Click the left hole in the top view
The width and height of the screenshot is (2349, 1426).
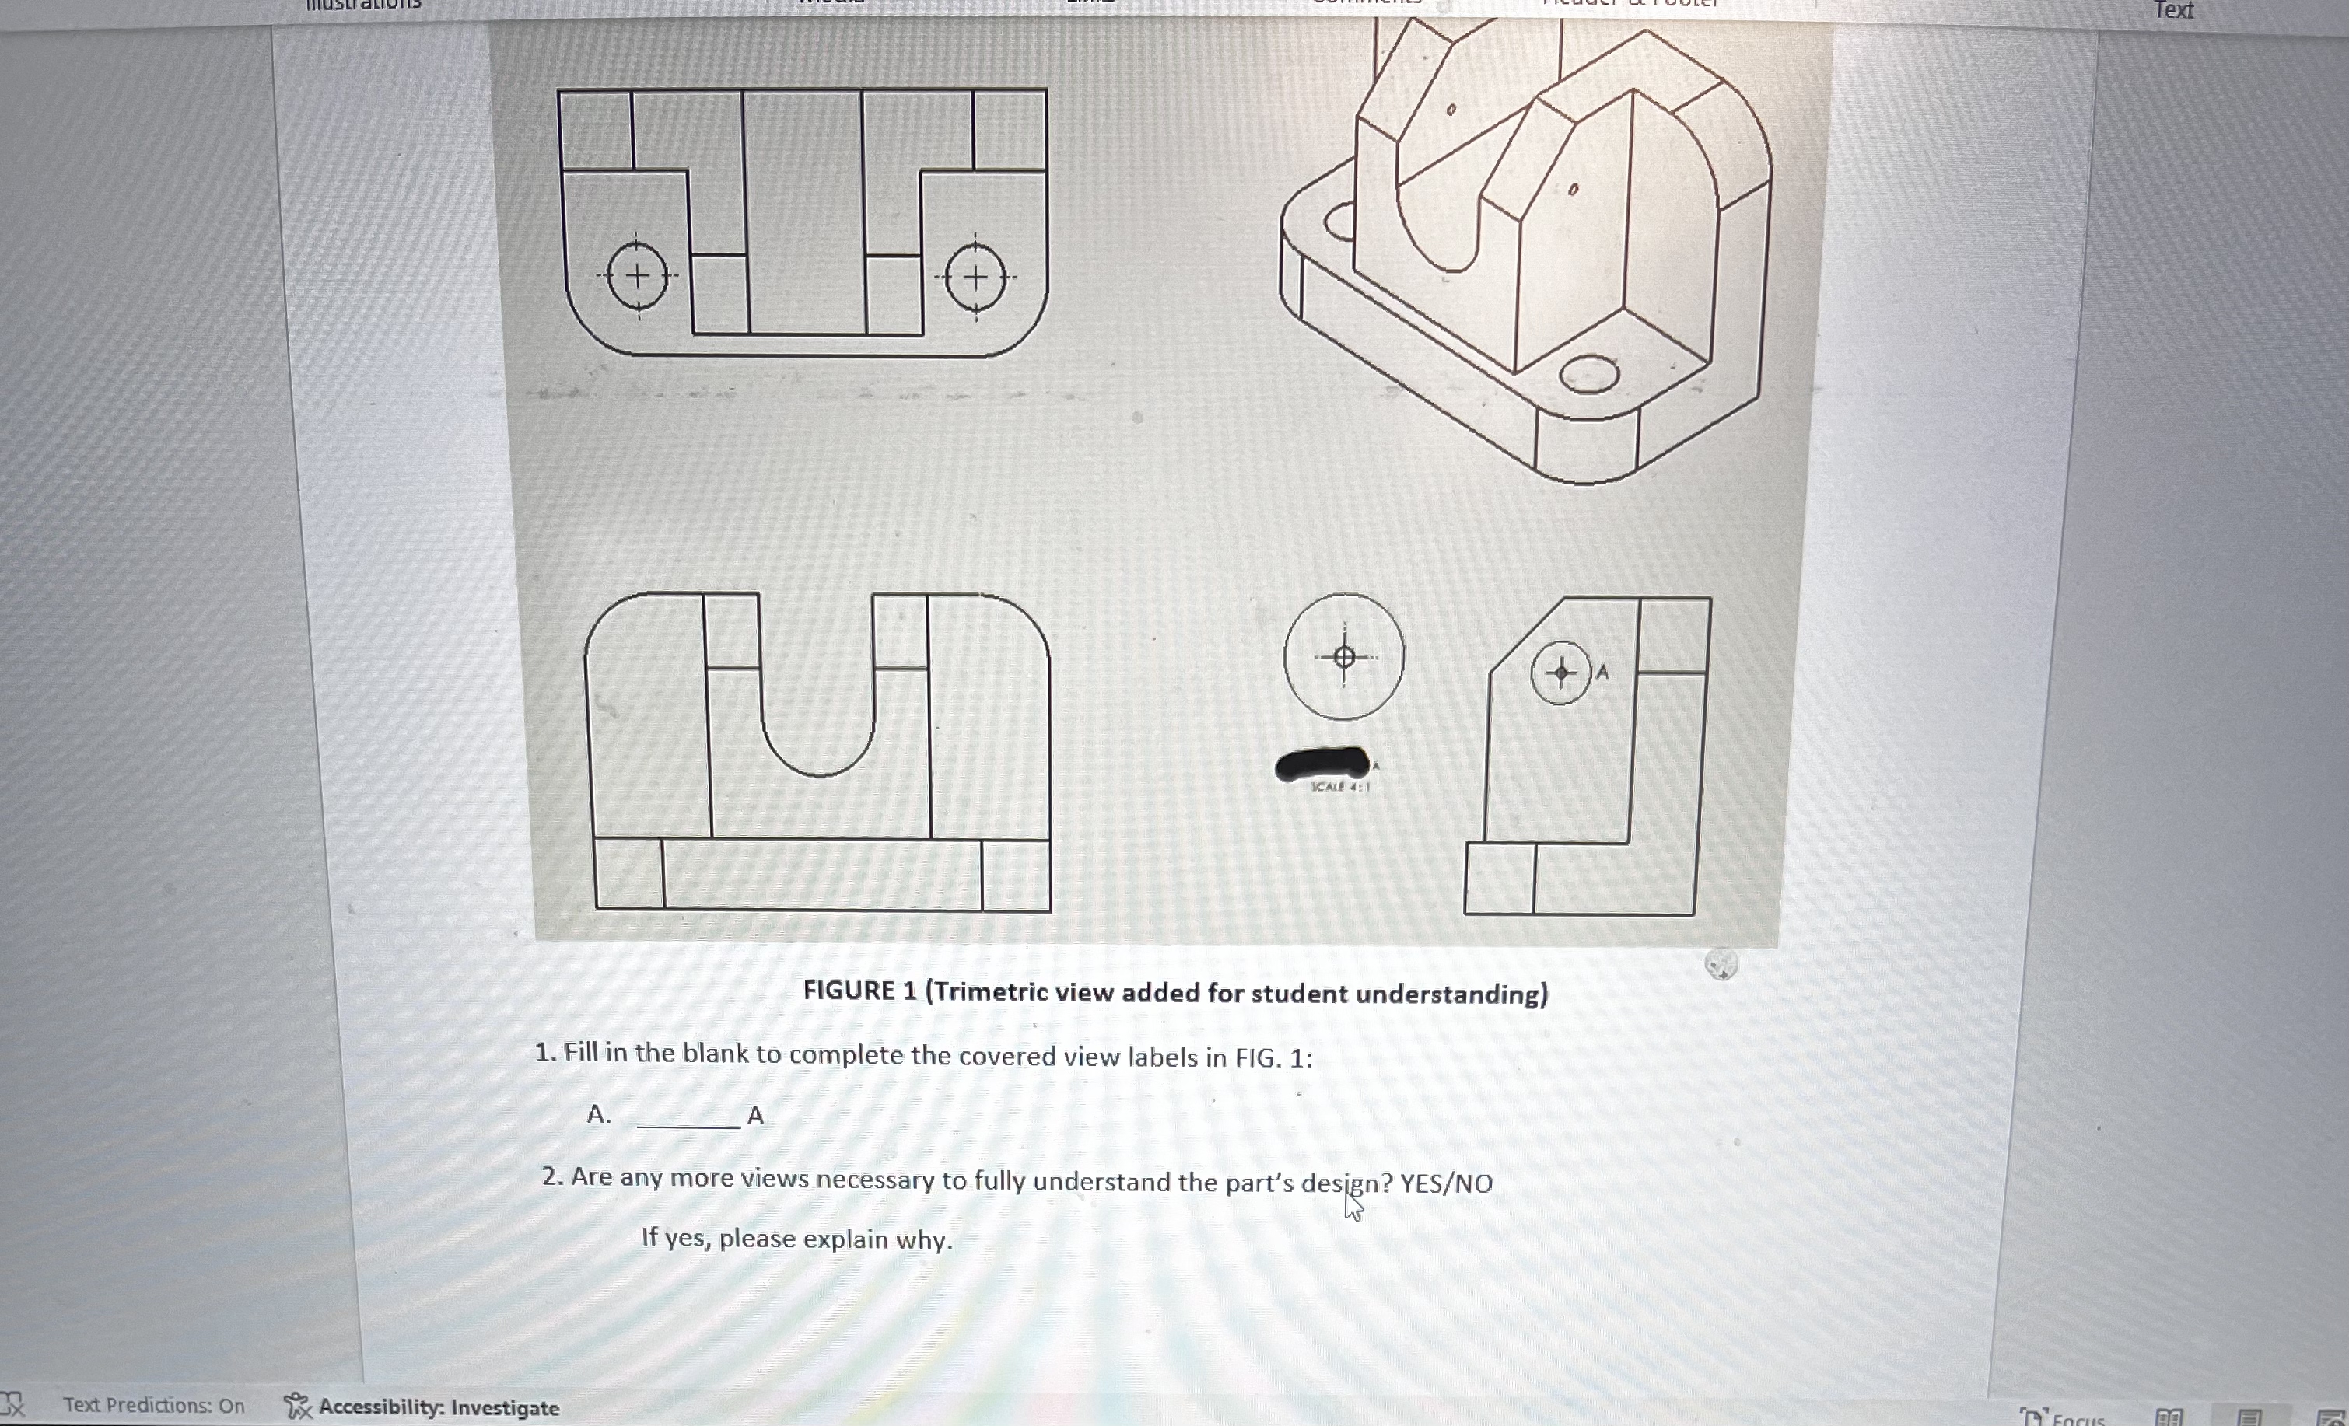click(637, 277)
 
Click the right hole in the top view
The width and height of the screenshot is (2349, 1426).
click(975, 278)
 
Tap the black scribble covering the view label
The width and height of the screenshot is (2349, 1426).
click(1322, 764)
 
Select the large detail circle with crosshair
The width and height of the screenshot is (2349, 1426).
click(1343, 657)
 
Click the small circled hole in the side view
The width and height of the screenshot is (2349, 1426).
click(1560, 673)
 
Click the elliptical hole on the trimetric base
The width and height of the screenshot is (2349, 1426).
click(1588, 374)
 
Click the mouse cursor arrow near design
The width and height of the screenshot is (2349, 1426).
click(1352, 1207)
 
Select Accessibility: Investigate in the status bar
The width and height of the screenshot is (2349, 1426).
click(438, 1407)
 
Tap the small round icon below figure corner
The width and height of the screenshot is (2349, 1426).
click(1721, 965)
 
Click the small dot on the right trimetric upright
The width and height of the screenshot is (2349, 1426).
click(1572, 190)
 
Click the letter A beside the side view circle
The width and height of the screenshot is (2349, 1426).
click(1602, 672)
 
